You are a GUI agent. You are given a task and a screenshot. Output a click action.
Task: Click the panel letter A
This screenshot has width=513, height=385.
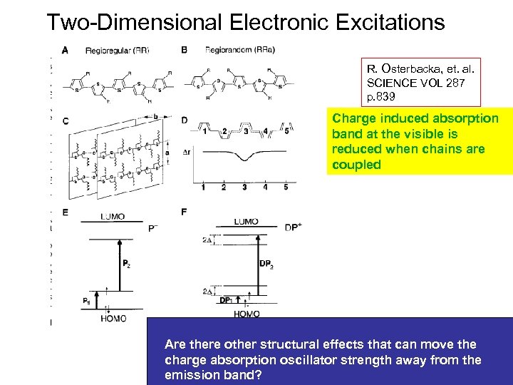point(66,50)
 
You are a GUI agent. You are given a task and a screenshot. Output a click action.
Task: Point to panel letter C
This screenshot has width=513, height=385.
point(66,121)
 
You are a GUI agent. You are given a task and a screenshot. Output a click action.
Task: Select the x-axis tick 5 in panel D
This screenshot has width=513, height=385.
point(286,188)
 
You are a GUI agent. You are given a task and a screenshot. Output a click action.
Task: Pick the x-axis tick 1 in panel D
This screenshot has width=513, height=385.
point(203,188)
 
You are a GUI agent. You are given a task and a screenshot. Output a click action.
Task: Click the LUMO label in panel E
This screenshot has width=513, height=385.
point(113,216)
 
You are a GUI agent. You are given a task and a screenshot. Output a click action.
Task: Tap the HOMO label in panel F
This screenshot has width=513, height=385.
point(247,314)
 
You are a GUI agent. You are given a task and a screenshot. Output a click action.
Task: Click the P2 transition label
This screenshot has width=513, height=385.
point(126,264)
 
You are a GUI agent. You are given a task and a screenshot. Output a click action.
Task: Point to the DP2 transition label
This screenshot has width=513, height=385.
point(266,264)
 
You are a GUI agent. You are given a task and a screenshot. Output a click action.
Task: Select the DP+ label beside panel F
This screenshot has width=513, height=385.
point(294,227)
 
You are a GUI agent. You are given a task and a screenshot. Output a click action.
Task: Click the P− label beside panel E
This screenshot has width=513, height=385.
point(153,228)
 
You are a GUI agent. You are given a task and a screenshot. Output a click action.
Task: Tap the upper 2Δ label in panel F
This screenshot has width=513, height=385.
point(207,240)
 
